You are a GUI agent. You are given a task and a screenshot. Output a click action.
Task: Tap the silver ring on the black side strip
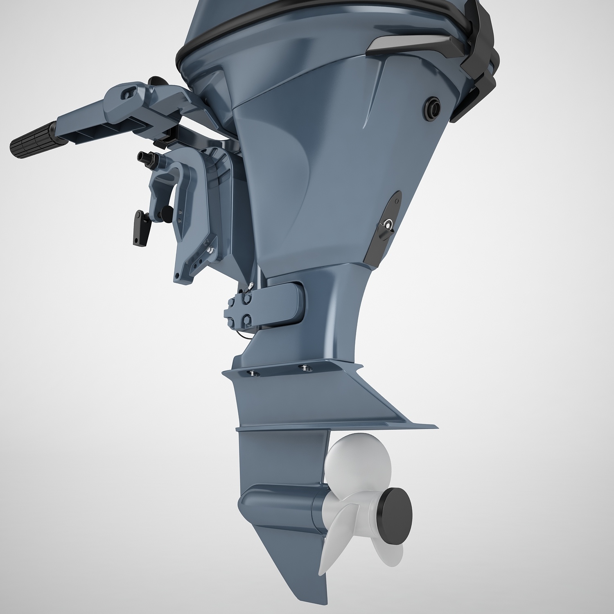pyautogui.click(x=387, y=224)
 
